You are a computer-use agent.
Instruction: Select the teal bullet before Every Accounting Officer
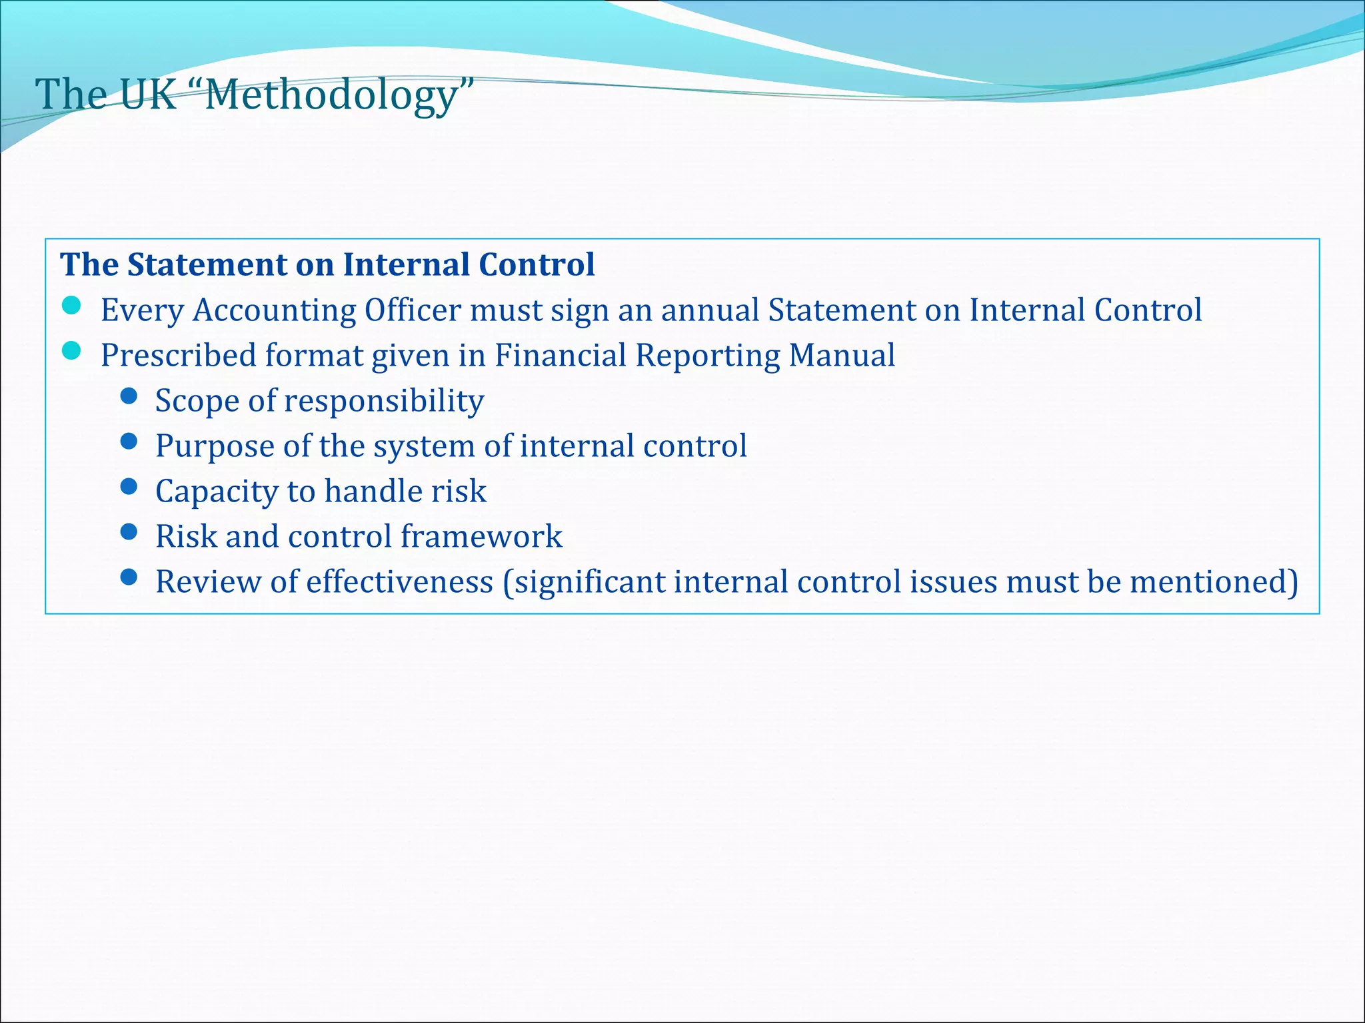(71, 306)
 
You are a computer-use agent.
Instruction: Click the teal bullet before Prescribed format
(71, 351)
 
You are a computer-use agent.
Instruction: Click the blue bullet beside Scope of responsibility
(129, 397)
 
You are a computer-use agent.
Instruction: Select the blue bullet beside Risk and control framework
(129, 531)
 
